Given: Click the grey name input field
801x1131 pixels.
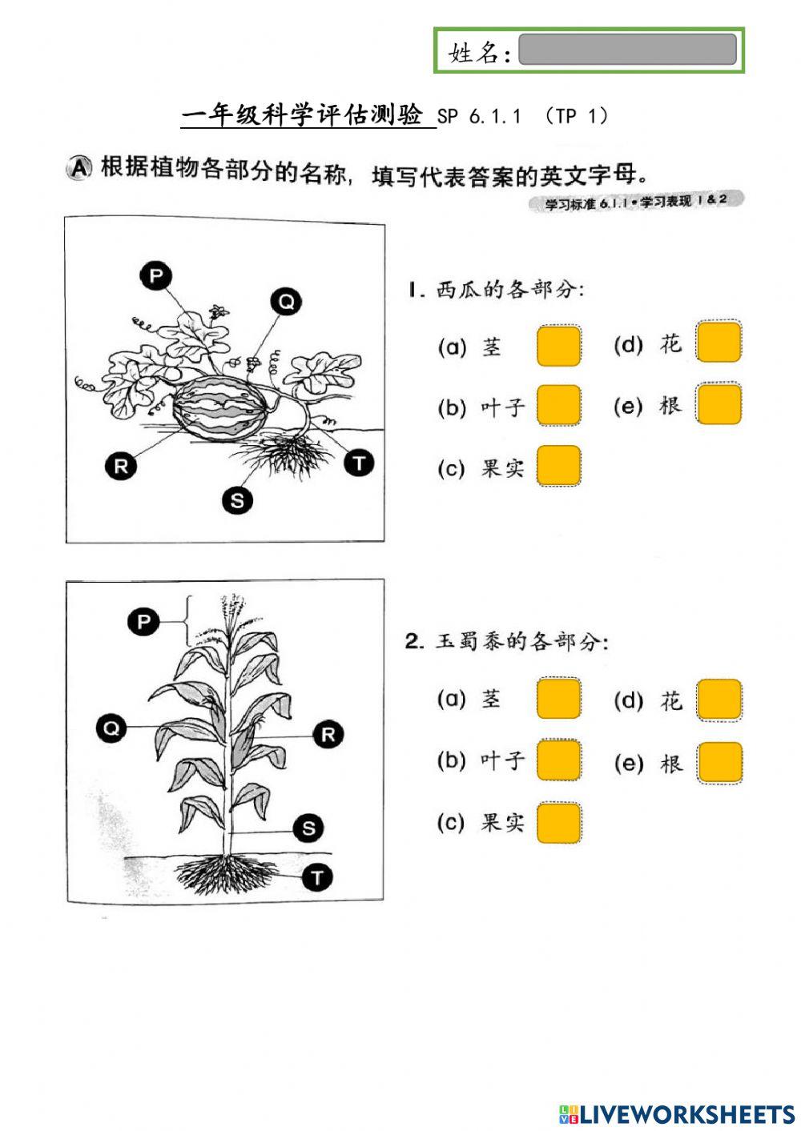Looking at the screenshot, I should [627, 50].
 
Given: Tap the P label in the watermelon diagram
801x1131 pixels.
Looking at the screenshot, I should [156, 277].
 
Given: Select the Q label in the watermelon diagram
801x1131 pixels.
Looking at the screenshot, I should [286, 302].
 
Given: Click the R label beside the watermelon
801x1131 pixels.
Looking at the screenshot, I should [121, 466].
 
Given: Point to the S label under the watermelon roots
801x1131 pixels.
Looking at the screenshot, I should [237, 501].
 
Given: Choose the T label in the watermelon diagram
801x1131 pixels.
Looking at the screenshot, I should [359, 463].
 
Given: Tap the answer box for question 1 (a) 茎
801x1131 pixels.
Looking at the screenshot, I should [558, 346].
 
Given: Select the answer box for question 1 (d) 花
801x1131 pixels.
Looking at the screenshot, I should [718, 343].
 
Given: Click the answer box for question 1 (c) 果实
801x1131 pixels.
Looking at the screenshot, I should [558, 466].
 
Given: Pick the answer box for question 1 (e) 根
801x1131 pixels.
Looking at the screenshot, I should [718, 403].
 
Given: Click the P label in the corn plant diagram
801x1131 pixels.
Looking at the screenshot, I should [143, 621].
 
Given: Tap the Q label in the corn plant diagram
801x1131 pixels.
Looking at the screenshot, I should [111, 728].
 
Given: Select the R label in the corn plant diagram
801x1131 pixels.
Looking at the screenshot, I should [328, 734].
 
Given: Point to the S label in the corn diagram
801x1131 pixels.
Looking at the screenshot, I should [308, 828].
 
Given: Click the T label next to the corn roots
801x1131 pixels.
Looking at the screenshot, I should [317, 877].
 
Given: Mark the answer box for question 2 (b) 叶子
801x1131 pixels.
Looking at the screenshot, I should [558, 760].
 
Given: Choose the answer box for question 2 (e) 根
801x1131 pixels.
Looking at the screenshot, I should [718, 762].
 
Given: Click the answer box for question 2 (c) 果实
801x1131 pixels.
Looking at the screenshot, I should [558, 823].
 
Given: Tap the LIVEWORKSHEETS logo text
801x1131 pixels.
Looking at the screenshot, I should [686, 1114].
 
